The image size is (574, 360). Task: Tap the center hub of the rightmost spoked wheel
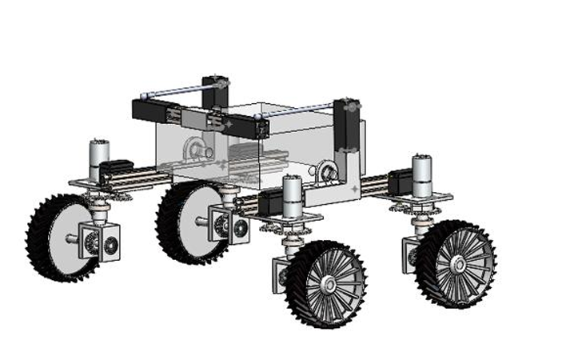tap(458, 264)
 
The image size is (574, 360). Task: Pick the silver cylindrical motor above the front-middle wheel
tap(293, 197)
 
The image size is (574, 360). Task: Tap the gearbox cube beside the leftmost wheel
tap(100, 242)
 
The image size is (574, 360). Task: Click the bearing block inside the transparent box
tap(196, 148)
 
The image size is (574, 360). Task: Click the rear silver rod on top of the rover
tap(176, 91)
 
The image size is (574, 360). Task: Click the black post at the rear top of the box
tap(214, 91)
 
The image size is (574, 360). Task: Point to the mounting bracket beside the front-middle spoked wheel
tap(281, 272)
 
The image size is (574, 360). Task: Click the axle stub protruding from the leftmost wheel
tap(74, 237)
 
